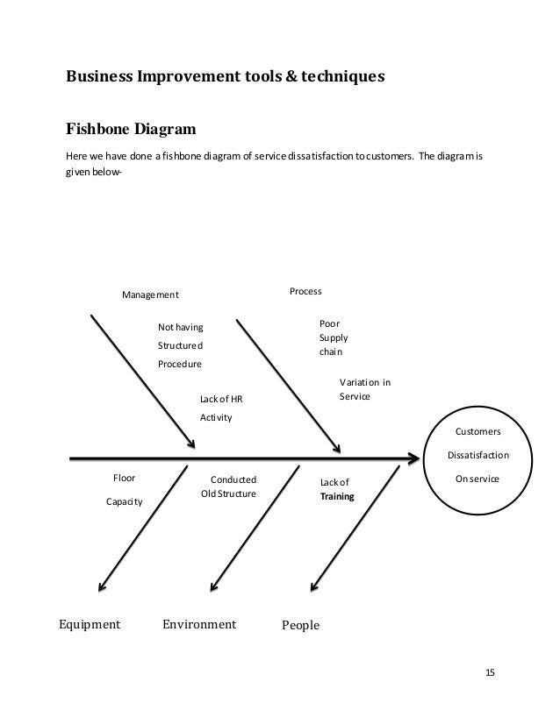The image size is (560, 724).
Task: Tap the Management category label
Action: point(150,295)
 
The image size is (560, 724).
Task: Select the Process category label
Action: point(305,290)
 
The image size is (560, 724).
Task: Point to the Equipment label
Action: point(89,625)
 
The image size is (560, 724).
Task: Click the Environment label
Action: point(199,625)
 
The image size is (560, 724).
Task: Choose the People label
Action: point(300,626)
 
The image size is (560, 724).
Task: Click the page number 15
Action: point(490,672)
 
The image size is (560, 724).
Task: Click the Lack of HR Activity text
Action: point(221,408)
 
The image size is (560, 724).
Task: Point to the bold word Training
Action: point(337,497)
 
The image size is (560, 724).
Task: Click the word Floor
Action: point(124,479)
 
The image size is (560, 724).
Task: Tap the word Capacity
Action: point(124,502)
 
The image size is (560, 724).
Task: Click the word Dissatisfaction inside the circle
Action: point(477,456)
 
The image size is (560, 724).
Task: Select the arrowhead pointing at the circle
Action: point(414,457)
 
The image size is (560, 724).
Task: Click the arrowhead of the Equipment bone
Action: point(102,587)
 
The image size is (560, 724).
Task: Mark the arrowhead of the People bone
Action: point(313,586)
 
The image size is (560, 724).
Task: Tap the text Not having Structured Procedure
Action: point(180,345)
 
